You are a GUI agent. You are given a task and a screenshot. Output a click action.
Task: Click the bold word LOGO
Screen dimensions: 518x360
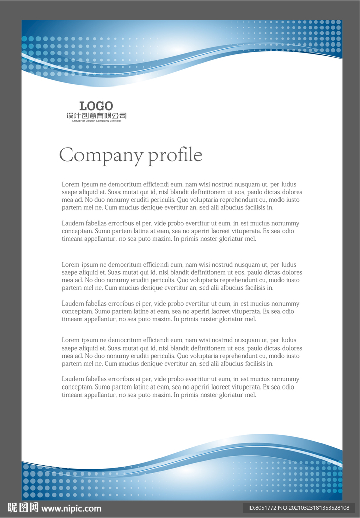pyautogui.click(x=96, y=106)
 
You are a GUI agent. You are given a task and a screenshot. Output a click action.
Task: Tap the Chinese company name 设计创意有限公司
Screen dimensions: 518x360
pyautogui.click(x=96, y=116)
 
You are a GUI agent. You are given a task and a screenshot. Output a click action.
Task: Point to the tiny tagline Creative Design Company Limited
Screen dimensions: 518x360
pyautogui.click(x=96, y=121)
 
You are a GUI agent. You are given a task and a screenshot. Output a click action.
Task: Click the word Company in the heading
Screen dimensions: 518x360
pyautogui.click(x=101, y=155)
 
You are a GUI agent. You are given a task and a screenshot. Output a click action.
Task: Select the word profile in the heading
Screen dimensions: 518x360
pyautogui.click(x=175, y=155)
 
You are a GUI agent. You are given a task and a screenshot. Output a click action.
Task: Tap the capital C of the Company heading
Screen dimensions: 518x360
pyautogui.click(x=67, y=155)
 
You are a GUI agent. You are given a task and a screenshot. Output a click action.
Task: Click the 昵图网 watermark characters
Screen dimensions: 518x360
pyautogui.click(x=23, y=508)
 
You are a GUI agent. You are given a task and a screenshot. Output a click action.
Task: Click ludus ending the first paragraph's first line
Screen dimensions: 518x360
pyautogui.click(x=289, y=185)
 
